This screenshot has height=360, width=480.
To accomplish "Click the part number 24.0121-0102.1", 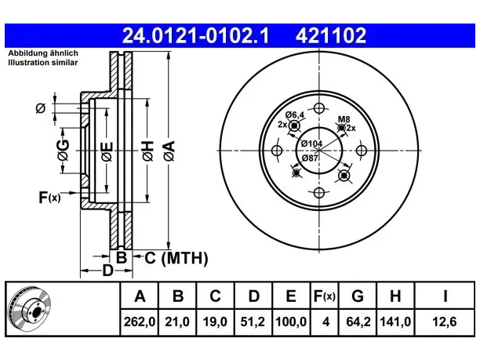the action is coord(195,35).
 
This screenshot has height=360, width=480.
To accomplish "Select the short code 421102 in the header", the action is coord(331,35).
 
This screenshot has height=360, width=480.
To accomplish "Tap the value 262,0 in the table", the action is coord(140,322).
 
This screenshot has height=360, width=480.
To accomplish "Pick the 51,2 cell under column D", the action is coord(253,322).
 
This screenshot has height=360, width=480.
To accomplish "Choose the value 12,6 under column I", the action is coord(445,322).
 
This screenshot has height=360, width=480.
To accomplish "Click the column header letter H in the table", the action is coord(395,296).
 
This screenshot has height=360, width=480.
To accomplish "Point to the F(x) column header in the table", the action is coord(325,296).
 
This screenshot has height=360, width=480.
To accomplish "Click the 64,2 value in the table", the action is coord(358,322).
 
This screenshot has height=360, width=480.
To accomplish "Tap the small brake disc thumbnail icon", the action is coord(29,308).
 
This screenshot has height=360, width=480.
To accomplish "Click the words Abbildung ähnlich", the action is coord(43,53).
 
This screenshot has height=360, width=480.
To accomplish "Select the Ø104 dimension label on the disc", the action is coord(311,144).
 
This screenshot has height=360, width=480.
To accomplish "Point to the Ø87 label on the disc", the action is coord(310,158).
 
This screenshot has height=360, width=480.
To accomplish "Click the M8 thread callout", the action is coord(344,119).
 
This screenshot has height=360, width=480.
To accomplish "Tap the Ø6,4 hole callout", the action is coord(295,115).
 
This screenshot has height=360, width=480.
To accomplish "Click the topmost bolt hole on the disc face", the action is coord(319,108).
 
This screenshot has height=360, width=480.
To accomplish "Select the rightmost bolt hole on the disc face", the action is coord(362,151).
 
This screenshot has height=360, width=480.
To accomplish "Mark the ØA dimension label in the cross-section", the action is coord(169,151).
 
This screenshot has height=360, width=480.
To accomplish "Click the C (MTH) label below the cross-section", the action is coord(176,258).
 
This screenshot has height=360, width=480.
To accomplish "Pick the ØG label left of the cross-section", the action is coord(63,151).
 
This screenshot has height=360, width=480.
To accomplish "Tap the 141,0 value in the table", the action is coord(395,322).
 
